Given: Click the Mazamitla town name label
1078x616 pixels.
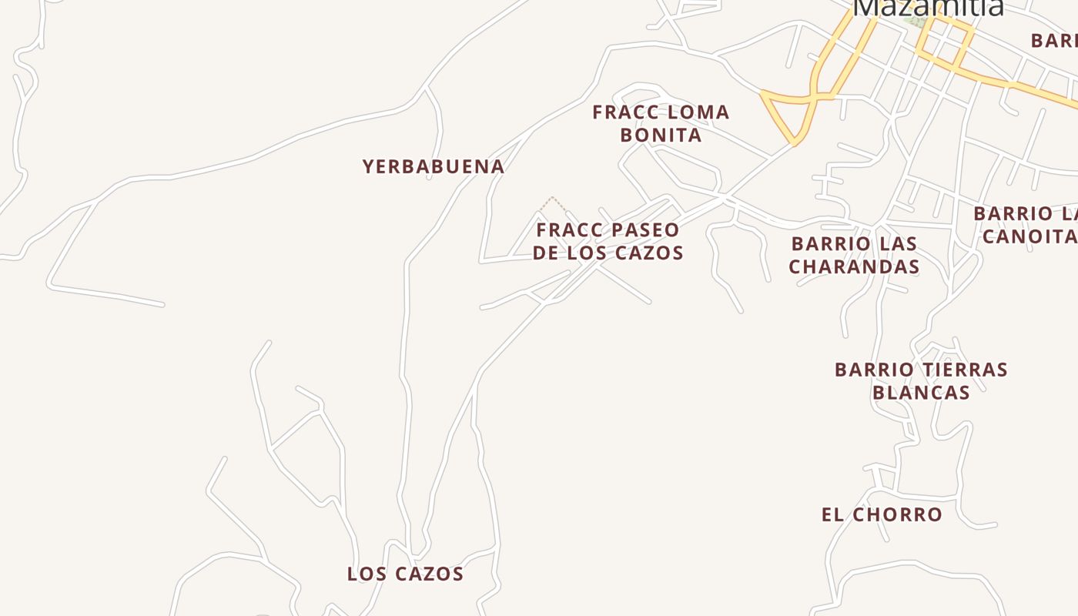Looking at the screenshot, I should coord(929,7).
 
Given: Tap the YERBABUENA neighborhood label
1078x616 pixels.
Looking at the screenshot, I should coord(434,166).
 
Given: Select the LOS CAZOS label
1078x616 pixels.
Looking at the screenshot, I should coord(405,574).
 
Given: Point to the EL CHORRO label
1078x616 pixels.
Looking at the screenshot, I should coord(882,514).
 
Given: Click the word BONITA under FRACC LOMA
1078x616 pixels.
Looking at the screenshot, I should coord(661,135).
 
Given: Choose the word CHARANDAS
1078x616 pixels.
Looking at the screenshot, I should coord(854,266).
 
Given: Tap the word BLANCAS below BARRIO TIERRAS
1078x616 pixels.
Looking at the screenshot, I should coord(921,393).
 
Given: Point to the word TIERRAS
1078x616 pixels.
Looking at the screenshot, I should coord(963,370).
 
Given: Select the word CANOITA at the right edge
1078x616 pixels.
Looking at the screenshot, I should coord(1029,236).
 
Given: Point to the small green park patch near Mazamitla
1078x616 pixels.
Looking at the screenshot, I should coord(917,21).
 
